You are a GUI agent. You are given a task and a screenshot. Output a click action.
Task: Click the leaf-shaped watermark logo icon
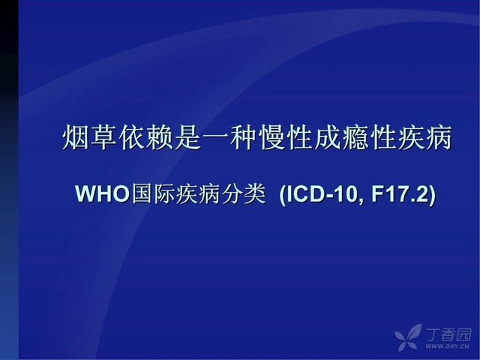pyautogui.click(x=408, y=337)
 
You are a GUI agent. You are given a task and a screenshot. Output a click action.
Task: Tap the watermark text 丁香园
pyautogui.click(x=448, y=335)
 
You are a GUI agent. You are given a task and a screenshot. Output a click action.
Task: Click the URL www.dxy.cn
pyautogui.click(x=447, y=346)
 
